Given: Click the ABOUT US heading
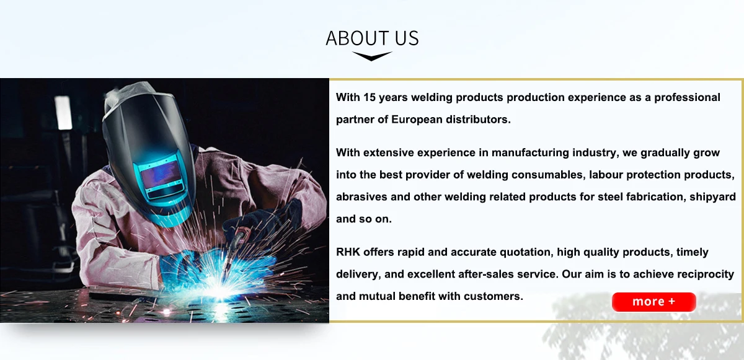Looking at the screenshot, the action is point(372,38).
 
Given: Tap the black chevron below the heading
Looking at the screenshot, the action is point(372,56).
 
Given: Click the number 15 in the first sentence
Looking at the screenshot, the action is point(370,97).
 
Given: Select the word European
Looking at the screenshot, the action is point(417,120).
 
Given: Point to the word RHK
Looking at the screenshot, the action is point(348,252).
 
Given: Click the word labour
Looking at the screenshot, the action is point(606,175).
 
